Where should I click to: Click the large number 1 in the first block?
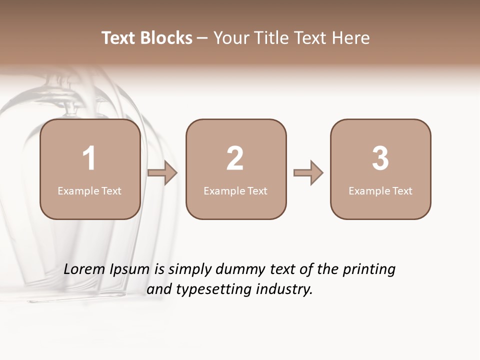pos(89,158)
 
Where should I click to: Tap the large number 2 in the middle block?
pos(235,158)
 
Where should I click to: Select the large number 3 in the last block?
pos(380,158)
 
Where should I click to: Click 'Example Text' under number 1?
pos(89,191)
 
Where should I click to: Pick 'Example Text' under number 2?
pos(235,191)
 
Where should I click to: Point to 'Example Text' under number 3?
pos(380,191)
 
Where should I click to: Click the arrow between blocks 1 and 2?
pos(162,173)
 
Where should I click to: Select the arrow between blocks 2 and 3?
pos(308,173)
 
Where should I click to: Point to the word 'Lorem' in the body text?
pos(84,269)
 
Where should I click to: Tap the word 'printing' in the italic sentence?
pos(369,270)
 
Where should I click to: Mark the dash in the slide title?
pos(203,38)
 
